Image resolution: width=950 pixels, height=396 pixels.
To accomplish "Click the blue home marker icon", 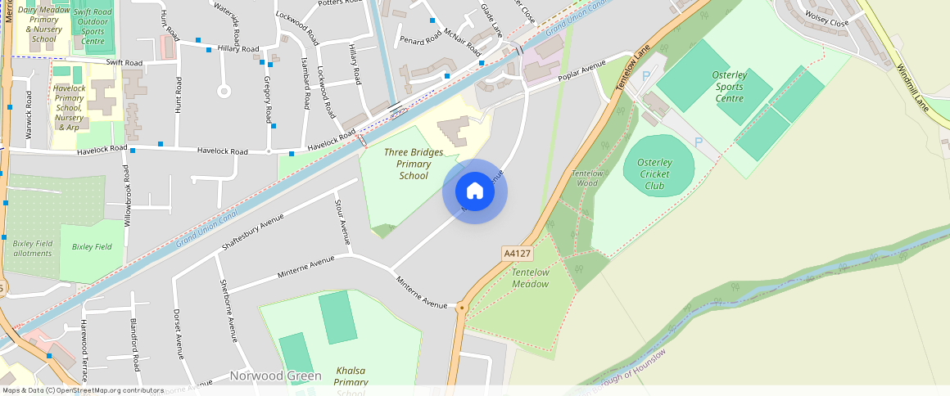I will pyautogui.click(x=475, y=191).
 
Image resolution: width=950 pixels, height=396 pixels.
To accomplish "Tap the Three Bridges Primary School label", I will pyautogui.click(x=414, y=164).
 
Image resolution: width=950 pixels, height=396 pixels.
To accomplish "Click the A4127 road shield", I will pyautogui.click(x=518, y=254).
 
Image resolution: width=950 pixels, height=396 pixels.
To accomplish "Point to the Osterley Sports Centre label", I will pyautogui.click(x=717, y=87).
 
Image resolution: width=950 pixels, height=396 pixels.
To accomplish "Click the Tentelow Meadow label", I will pyautogui.click(x=530, y=277).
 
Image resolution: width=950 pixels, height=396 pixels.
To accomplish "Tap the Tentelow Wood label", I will pyautogui.click(x=586, y=178).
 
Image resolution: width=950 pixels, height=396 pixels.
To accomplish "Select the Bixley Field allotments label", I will pyautogui.click(x=33, y=248).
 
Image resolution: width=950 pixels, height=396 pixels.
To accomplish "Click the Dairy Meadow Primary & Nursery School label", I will pyautogui.click(x=43, y=24).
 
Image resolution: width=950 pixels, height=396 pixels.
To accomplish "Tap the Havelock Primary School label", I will pyautogui.click(x=68, y=107).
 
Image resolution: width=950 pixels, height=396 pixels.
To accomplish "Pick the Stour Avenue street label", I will pyautogui.click(x=342, y=221).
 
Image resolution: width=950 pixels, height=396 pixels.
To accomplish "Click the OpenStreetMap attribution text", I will pyautogui.click(x=84, y=390).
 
